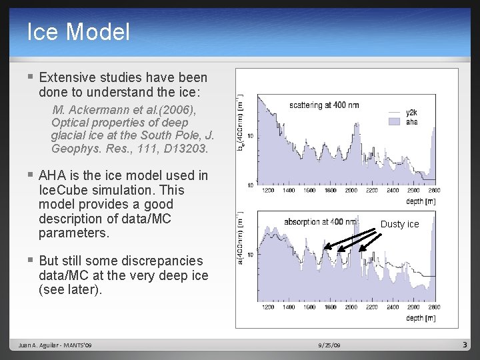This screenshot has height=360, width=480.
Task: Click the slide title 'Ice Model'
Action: (78, 31)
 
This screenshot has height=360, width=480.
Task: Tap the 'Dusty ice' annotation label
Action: (399, 224)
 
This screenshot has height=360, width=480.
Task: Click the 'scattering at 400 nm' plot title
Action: (324, 105)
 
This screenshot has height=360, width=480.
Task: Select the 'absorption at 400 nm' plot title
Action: (320, 221)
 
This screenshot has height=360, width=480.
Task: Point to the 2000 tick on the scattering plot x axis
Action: (351, 191)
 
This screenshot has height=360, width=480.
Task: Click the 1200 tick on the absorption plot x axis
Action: (268, 307)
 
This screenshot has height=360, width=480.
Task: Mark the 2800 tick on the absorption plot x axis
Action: (433, 307)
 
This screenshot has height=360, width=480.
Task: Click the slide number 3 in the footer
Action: (465, 345)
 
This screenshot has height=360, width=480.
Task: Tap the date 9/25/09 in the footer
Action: (329, 345)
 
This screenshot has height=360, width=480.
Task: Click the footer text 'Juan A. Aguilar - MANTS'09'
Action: (56, 345)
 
